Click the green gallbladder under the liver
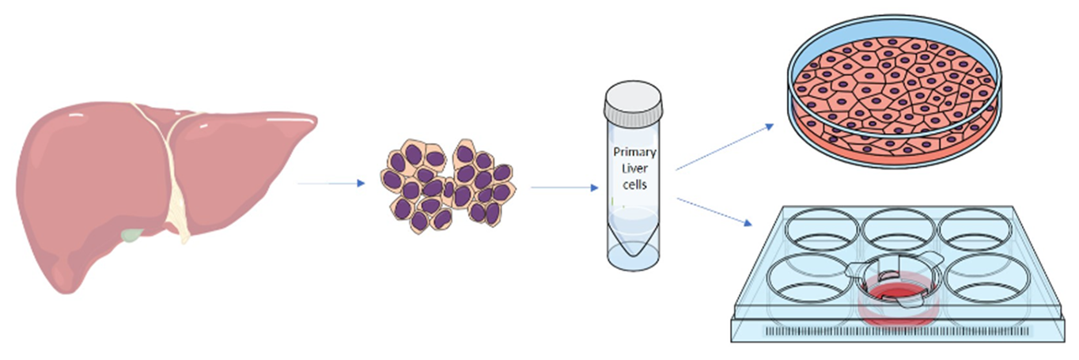(x=132, y=235)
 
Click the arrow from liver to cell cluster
(x=331, y=183)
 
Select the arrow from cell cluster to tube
(x=565, y=188)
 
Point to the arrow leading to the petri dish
(x=725, y=147)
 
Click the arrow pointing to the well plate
(x=714, y=211)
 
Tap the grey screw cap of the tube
(x=634, y=101)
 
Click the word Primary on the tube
(x=634, y=152)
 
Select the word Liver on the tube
(x=634, y=169)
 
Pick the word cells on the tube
(x=634, y=184)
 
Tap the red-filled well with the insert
(x=896, y=292)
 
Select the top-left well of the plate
(x=822, y=229)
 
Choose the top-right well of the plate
(x=975, y=229)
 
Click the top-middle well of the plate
(x=899, y=229)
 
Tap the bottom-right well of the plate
(x=987, y=279)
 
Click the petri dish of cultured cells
(x=894, y=92)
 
